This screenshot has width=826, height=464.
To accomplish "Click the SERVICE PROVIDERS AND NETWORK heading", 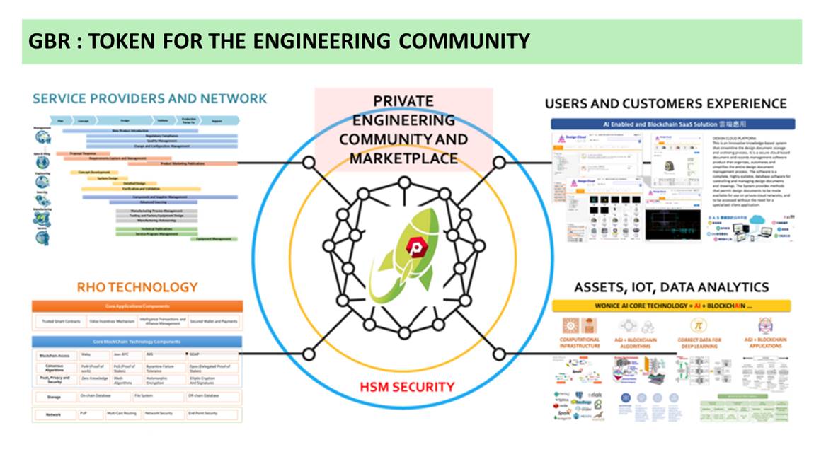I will click(x=149, y=98).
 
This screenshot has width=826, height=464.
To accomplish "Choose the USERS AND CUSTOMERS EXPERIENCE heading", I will click(x=665, y=104).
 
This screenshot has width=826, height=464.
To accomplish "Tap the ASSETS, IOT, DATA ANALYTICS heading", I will click(x=671, y=287).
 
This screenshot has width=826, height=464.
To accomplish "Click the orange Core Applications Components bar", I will click(x=137, y=306).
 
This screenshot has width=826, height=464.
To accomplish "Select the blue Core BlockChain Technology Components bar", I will click(x=137, y=342).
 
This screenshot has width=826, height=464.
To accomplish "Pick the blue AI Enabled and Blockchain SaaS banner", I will click(x=672, y=124).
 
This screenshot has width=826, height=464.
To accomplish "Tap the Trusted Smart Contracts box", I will click(x=59, y=321).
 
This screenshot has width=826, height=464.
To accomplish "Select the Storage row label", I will click(x=54, y=396).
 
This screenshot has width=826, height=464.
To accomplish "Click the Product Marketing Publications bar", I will click(x=172, y=163).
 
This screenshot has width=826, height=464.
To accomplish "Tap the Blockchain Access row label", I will click(x=54, y=354).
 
